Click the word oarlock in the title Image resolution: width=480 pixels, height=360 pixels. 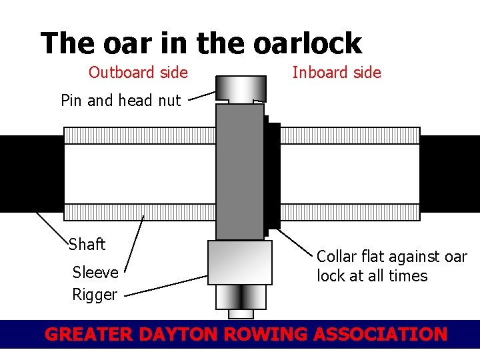307,44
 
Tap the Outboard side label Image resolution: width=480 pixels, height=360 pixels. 138,72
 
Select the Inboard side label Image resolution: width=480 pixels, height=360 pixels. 337,72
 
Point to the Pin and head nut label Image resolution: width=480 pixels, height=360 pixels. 121,101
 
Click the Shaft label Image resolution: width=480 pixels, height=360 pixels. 87,245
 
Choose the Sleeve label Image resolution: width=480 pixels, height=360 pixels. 95,272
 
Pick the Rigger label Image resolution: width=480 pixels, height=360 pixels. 95,295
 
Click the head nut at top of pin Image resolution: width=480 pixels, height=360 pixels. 240,87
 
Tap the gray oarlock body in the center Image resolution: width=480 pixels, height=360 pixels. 240,170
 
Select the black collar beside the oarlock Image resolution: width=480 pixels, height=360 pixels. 272,173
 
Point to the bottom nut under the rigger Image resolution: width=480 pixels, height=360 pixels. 241,297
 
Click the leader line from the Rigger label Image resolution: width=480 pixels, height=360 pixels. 167,285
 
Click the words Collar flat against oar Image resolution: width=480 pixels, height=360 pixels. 391,257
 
